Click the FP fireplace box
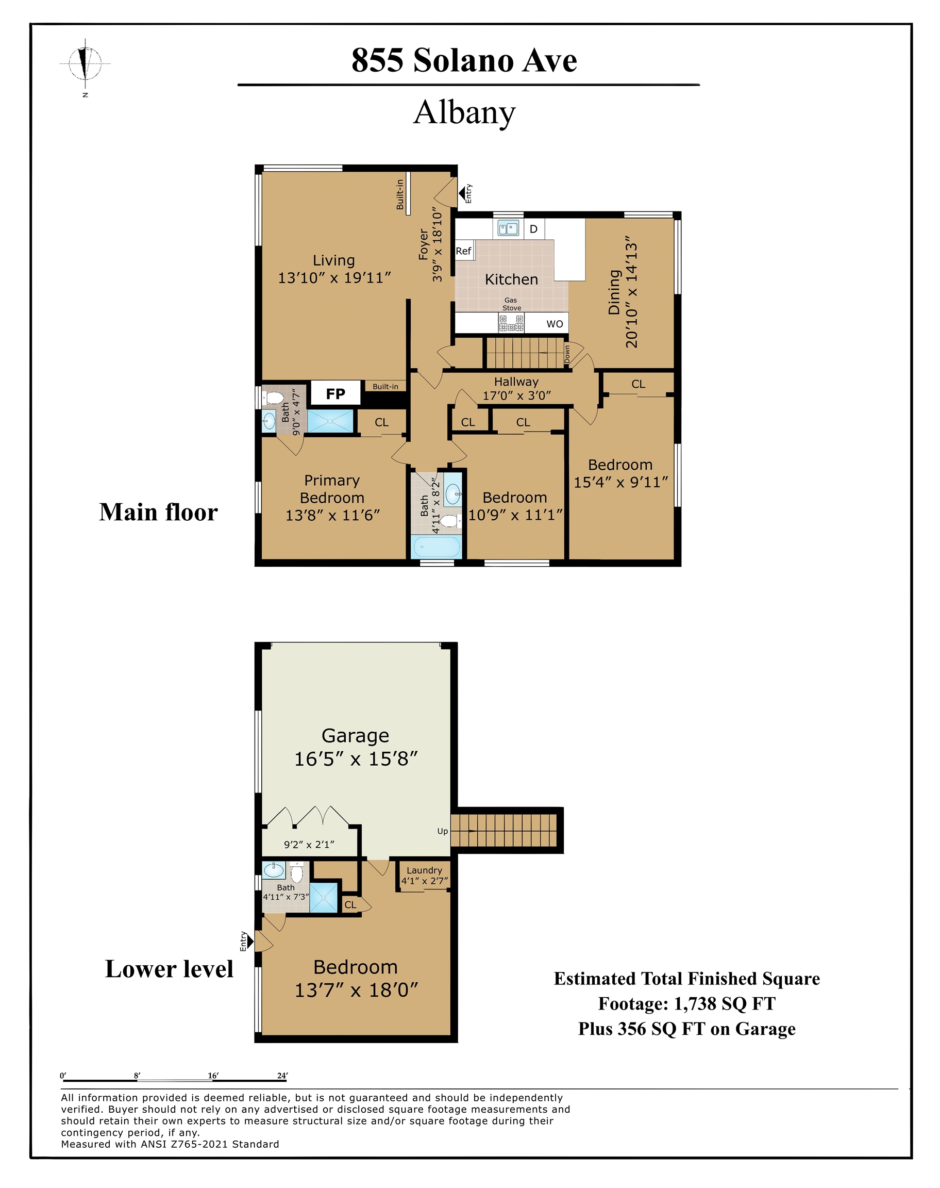(335, 393)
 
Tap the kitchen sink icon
(508, 228)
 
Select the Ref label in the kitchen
(463, 251)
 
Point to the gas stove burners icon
(511, 323)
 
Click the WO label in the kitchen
(554, 324)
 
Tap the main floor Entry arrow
(462, 193)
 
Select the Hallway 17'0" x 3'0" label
(516, 388)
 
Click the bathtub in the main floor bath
(437, 547)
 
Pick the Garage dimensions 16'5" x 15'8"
(356, 758)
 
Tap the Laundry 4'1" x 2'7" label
(424, 876)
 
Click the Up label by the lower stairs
(443, 831)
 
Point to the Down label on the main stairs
(567, 354)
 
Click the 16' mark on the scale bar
(213, 1075)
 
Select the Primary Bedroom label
(332, 489)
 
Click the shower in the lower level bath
(323, 897)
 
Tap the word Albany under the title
(464, 112)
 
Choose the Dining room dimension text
(631, 294)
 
